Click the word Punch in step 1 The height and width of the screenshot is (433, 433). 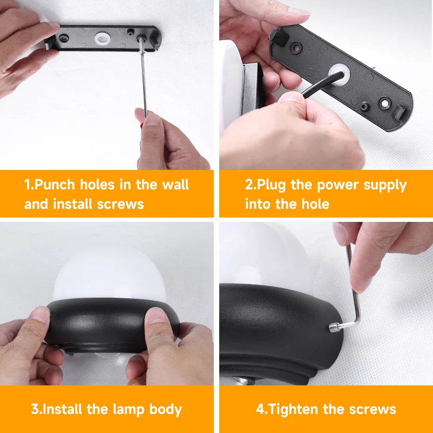click(x=55, y=185)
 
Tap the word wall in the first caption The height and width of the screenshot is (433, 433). click(x=175, y=184)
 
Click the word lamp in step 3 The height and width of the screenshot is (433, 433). click(x=128, y=409)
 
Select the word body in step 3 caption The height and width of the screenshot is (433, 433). click(x=166, y=410)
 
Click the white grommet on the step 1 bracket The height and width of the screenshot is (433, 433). click(x=102, y=38)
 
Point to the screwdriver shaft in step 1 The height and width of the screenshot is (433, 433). click(x=143, y=80)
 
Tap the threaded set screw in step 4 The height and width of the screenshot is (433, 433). click(x=334, y=327)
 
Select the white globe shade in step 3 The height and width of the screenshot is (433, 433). click(x=109, y=274)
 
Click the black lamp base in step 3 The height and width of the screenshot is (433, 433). click(x=112, y=325)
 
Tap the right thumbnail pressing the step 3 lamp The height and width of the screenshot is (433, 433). click(x=156, y=316)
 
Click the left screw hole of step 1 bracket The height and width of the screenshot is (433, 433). click(x=64, y=37)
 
